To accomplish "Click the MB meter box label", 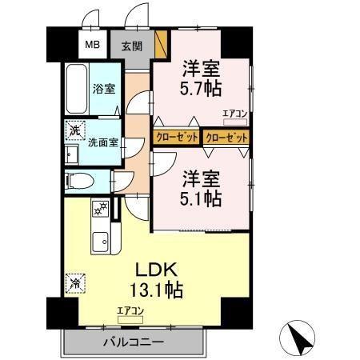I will (93, 44).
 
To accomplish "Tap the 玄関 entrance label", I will (132, 45).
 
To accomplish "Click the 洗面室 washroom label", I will (103, 145).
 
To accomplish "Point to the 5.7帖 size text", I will (201, 86).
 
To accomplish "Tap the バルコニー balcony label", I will (133, 342).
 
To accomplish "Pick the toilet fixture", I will (78, 181).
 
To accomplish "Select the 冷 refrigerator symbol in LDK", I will (74, 282).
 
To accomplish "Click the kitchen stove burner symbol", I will (101, 210).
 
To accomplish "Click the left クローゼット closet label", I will (176, 138).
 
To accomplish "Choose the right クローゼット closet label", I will (226, 138).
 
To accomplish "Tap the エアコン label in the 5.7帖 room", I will (234, 114).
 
